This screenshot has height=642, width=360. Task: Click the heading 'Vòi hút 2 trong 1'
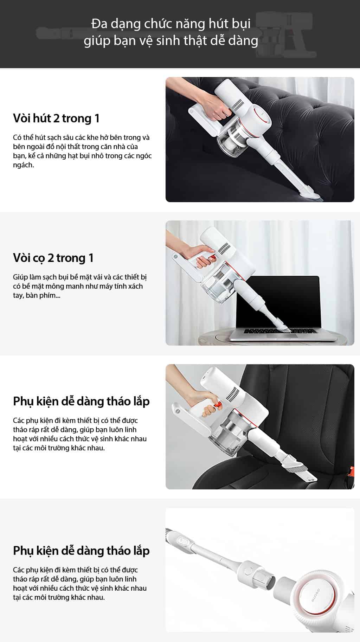[x=56, y=118]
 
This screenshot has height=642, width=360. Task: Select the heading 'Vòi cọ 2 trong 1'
[x=53, y=258]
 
